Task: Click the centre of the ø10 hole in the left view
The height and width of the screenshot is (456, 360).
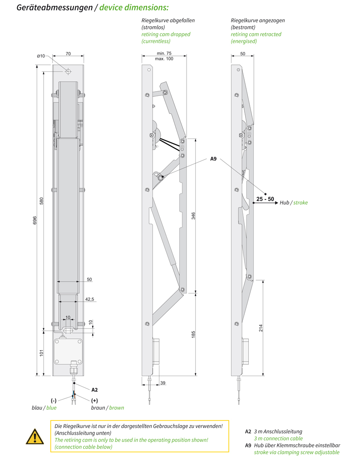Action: (68, 71)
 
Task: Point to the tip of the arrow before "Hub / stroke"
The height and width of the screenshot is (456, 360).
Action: (278, 203)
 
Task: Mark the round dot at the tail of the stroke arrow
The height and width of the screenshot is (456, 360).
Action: (254, 203)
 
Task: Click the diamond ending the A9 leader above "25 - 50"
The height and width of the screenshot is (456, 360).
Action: (265, 194)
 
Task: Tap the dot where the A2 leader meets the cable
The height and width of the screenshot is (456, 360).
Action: (74, 383)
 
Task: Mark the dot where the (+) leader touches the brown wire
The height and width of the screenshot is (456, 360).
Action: (75, 394)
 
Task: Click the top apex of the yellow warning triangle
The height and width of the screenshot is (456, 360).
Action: (35, 429)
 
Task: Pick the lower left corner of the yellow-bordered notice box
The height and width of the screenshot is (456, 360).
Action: (50, 451)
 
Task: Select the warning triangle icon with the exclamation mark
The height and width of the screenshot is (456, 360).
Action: (35, 436)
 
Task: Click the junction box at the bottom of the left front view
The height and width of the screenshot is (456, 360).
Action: (68, 351)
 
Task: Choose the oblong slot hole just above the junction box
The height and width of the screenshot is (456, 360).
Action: (68, 330)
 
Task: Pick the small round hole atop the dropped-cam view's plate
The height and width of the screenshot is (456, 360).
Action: (149, 70)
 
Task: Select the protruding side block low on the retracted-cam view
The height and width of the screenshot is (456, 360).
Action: (246, 351)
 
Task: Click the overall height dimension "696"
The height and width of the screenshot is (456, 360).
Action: (35, 220)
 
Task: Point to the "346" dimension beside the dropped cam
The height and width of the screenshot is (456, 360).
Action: (193, 216)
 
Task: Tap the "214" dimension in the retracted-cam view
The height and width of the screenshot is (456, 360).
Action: (261, 328)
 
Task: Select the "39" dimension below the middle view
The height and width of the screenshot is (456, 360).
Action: (163, 383)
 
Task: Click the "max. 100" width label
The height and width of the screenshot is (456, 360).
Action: (164, 59)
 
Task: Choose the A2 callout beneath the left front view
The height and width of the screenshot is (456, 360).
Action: (94, 390)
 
